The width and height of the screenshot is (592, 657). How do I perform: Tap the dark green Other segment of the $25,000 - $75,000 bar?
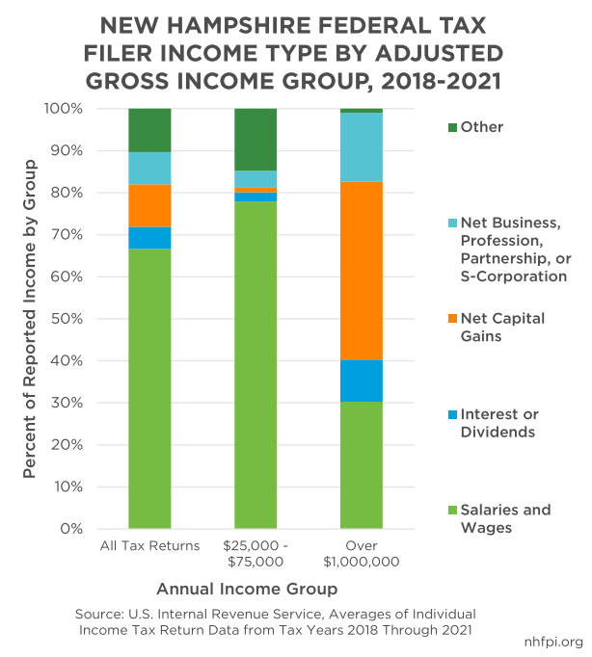[x=256, y=140]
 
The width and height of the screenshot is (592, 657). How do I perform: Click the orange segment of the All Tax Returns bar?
[x=149, y=205]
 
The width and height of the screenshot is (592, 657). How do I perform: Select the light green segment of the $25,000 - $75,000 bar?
[x=256, y=365]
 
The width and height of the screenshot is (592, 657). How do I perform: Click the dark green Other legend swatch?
[x=453, y=127]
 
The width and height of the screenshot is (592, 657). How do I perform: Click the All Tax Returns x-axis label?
[x=149, y=546]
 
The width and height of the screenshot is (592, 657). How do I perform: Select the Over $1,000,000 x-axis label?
[x=362, y=554]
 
